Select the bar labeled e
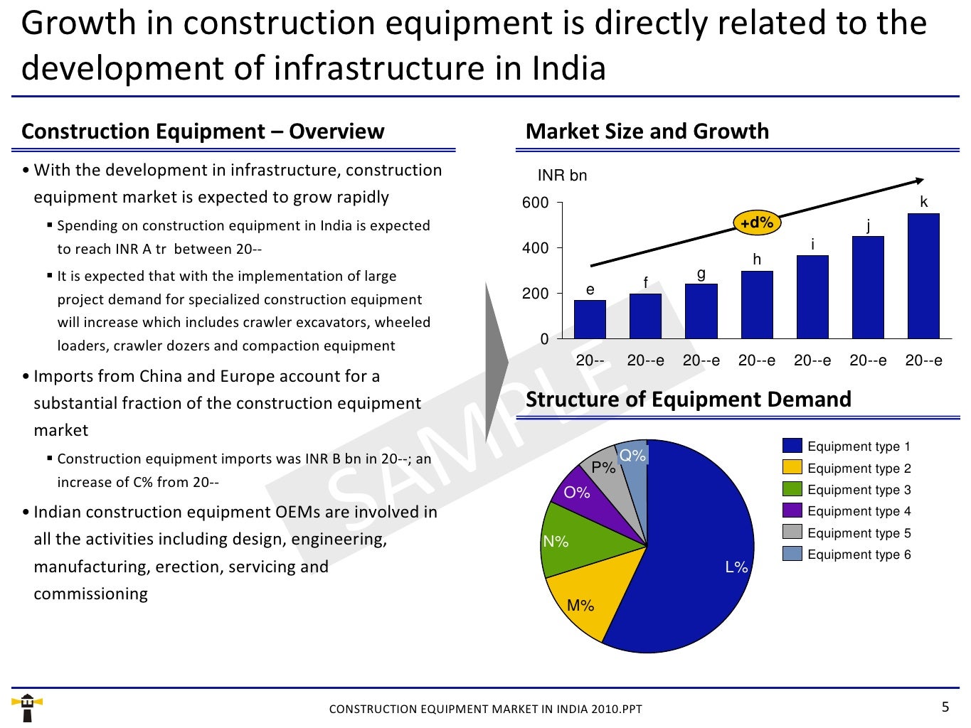click(590, 319)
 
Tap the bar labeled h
click(756, 305)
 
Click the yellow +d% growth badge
click(756, 223)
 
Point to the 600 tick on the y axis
click(536, 203)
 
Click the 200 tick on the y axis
click(536, 294)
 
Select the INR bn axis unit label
click(562, 176)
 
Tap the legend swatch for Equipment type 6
click(792, 554)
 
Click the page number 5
click(945, 707)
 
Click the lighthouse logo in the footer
click(28, 707)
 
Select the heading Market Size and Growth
click(647, 132)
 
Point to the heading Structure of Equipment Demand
click(688, 400)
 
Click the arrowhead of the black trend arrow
click(920, 181)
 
